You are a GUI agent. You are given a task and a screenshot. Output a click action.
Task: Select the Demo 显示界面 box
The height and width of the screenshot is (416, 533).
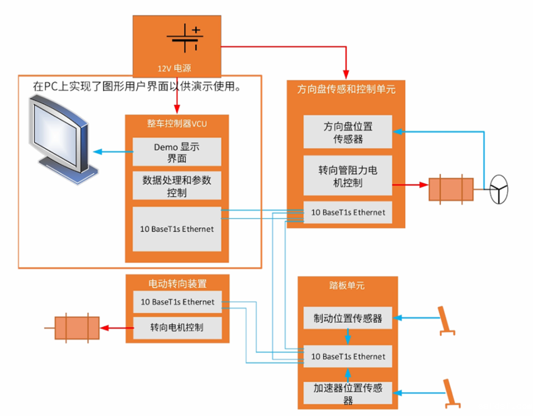tap(177, 152)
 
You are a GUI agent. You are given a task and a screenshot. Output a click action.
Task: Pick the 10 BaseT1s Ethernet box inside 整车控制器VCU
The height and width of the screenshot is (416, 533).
tap(177, 229)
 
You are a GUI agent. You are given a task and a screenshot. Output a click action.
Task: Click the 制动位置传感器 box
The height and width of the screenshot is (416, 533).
tap(348, 318)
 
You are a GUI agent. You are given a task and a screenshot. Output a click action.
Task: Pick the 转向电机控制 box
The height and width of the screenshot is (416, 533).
tap(177, 328)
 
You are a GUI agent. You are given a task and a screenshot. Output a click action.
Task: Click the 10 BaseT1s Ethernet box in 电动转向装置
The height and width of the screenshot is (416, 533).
tap(177, 302)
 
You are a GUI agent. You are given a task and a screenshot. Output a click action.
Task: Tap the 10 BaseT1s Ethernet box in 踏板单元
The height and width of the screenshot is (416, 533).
tap(348, 356)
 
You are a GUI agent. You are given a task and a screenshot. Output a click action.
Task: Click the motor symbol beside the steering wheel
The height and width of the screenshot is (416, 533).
tap(451, 189)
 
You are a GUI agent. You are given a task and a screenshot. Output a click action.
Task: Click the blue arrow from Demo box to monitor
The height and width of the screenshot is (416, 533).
tap(113, 152)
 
